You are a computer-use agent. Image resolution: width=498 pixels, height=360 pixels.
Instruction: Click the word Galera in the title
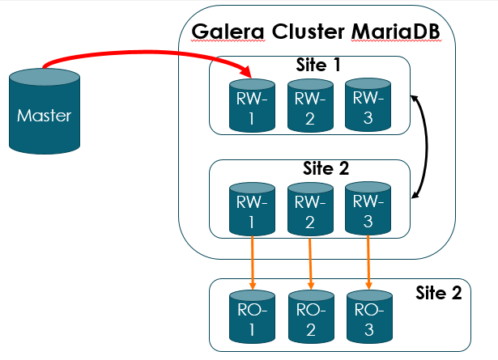226,32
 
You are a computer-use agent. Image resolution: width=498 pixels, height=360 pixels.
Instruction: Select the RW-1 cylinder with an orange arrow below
252,208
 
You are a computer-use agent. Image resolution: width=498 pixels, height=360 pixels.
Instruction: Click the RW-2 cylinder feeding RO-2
309,208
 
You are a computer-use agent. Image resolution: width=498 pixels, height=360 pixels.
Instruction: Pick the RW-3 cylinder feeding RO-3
367,208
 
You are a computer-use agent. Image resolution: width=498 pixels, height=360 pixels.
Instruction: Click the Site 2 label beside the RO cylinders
438,293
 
